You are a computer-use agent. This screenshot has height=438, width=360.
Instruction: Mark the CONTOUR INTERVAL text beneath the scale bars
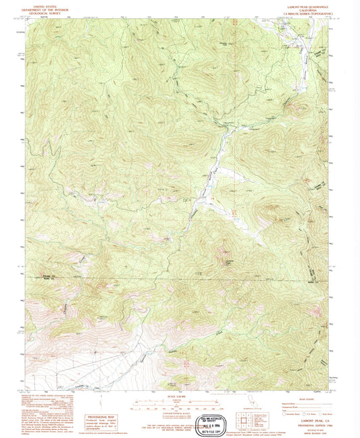180,414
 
